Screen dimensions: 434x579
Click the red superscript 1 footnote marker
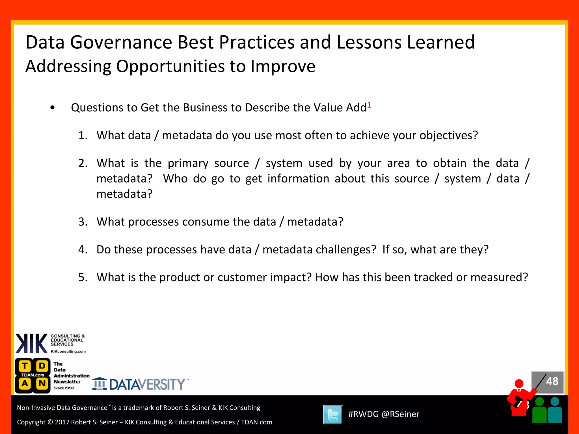[x=369, y=105]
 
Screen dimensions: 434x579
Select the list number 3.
[x=83, y=222]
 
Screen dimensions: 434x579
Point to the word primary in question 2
[x=188, y=163]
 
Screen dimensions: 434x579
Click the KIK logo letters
[x=31, y=343]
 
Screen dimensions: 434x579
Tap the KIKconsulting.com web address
[x=68, y=351]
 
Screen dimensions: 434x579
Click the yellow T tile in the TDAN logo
[x=25, y=366]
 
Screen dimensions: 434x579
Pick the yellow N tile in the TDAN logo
[x=42, y=383]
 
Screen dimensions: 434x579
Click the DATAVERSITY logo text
[x=147, y=385]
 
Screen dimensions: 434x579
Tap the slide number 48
[x=552, y=381]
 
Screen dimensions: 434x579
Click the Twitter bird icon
[x=332, y=415]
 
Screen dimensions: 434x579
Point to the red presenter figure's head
[x=519, y=384]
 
